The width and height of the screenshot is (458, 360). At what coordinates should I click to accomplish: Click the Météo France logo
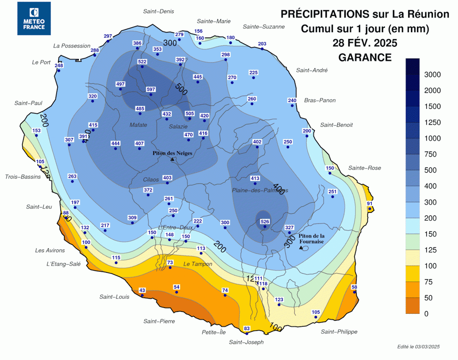pyautogui.click(x=34, y=19)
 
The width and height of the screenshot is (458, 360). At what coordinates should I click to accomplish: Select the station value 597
pyautogui.click(x=151, y=89)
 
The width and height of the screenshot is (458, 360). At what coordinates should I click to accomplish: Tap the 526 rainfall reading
pyautogui.click(x=265, y=222)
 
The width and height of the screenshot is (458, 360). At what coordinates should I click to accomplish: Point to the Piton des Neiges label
pyautogui.click(x=173, y=153)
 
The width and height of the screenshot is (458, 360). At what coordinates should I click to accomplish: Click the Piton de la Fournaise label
pyautogui.click(x=311, y=239)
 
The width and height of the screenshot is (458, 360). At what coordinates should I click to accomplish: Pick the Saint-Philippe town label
pyautogui.click(x=339, y=331)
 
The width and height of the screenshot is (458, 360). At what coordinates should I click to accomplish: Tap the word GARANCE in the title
pyautogui.click(x=365, y=57)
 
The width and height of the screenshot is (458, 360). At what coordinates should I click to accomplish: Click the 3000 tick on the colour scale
pyautogui.click(x=432, y=75)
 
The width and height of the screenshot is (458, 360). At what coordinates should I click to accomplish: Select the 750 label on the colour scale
pyautogui.click(x=430, y=154)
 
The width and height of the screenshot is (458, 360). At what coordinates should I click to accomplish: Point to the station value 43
pyautogui.click(x=142, y=290)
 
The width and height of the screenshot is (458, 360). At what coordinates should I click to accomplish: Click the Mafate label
pyautogui.click(x=138, y=125)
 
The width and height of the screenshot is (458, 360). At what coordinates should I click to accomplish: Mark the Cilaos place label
pyautogui.click(x=151, y=179)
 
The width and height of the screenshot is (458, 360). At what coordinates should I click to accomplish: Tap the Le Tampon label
pyautogui.click(x=198, y=264)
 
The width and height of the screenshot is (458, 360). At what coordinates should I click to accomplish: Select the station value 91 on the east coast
pyautogui.click(x=370, y=203)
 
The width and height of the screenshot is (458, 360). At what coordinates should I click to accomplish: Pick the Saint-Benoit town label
pyautogui.click(x=336, y=125)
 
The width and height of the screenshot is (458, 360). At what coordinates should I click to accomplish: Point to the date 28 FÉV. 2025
pyautogui.click(x=365, y=43)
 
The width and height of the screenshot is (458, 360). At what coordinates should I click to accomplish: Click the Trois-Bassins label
pyautogui.click(x=23, y=177)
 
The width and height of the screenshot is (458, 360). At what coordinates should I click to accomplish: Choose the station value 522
pyautogui.click(x=142, y=62)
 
